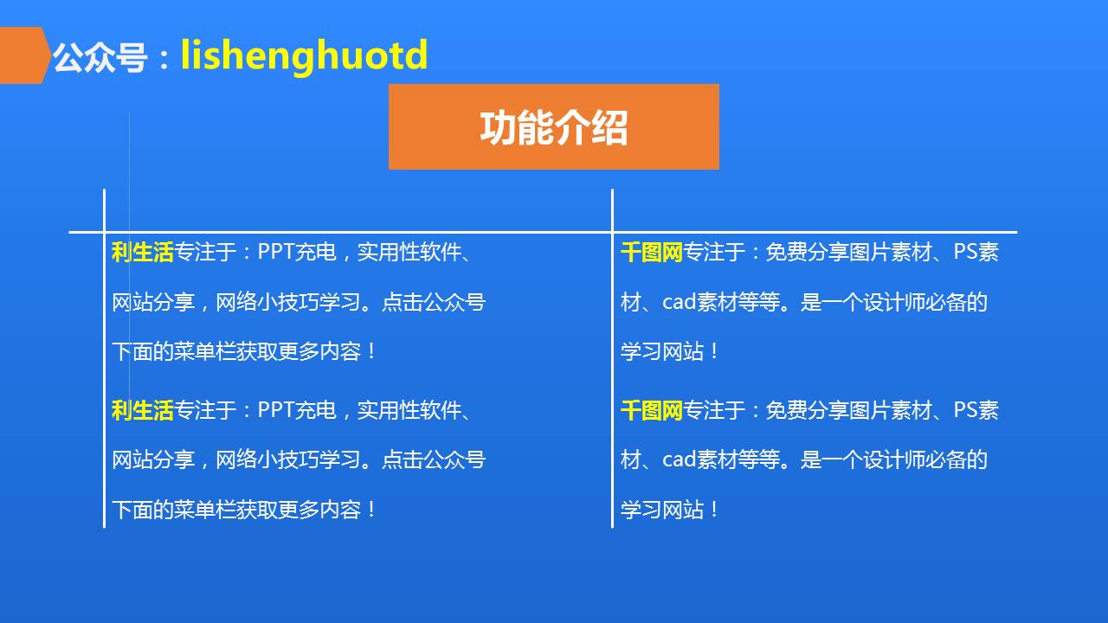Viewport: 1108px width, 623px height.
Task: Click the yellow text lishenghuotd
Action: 304,56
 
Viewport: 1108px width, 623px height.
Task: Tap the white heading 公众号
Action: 100,57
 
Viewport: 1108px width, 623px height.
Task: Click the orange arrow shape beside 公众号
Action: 25,55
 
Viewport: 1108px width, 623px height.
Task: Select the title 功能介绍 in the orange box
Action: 553,127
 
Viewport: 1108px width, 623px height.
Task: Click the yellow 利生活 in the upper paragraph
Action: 143,252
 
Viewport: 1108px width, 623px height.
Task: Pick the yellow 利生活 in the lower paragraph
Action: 143,410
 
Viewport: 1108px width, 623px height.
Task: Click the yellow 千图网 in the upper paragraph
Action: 652,252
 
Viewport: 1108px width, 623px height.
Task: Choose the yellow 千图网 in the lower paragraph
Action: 652,410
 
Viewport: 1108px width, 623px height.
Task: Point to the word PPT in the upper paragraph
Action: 276,252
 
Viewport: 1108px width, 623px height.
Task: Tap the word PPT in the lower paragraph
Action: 276,410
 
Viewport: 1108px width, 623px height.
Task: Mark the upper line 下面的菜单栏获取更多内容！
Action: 244,351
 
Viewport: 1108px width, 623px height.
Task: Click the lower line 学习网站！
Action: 670,510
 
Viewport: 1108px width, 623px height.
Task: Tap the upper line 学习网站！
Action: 670,351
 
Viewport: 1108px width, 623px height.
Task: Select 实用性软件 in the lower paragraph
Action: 409,410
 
